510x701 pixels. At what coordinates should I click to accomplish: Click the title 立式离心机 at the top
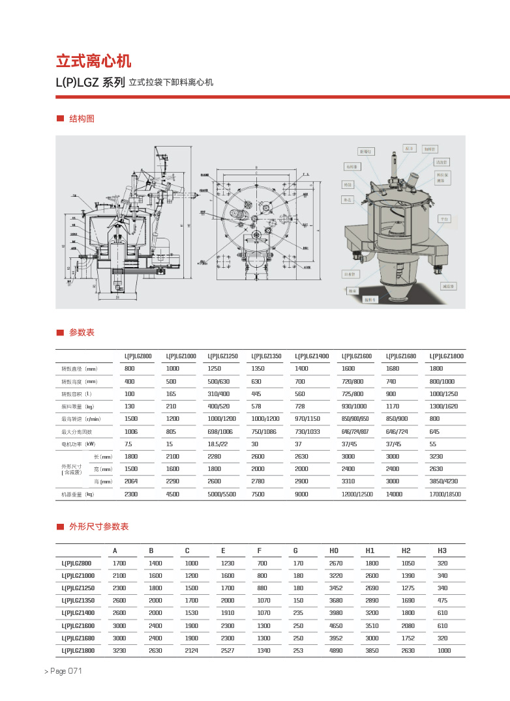tap(93, 61)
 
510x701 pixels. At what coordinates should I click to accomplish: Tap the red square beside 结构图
tap(60, 119)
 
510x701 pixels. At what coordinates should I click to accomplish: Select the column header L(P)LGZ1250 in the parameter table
tap(222, 356)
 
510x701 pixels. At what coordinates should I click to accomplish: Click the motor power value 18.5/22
tap(217, 444)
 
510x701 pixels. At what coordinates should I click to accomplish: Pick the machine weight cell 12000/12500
tap(357, 494)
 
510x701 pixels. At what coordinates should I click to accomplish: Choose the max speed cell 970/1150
tap(309, 418)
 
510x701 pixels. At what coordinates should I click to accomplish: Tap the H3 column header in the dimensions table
tap(442, 551)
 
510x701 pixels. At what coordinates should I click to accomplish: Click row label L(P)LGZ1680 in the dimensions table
tap(78, 638)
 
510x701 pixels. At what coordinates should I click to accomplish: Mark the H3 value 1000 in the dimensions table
tap(444, 650)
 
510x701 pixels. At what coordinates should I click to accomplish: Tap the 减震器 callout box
tap(448, 286)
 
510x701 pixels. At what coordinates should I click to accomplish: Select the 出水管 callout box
tap(350, 274)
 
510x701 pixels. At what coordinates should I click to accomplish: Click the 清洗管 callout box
tap(442, 161)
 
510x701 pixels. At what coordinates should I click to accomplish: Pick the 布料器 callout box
tap(352, 167)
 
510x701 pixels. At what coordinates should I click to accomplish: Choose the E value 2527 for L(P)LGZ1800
tap(228, 650)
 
